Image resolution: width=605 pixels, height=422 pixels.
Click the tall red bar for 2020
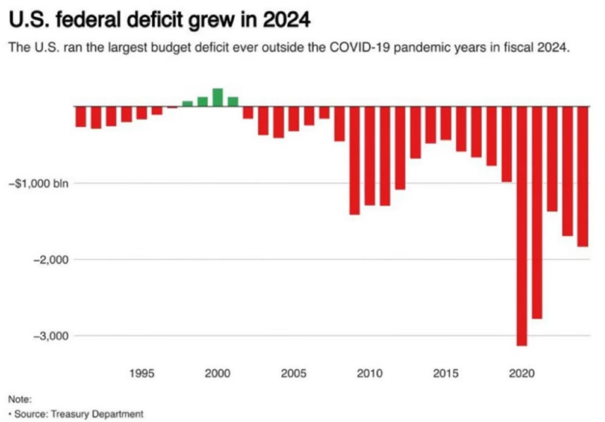pos(522,225)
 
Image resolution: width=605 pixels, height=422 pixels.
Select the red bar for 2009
pos(355,160)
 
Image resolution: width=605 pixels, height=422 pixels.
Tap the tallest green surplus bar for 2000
pos(218,97)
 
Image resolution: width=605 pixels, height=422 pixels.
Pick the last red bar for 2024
pos(583,176)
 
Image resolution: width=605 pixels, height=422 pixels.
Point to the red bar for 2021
pos(537,212)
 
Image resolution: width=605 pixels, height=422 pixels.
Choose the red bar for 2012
pos(400,147)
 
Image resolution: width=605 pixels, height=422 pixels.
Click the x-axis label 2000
pos(218,374)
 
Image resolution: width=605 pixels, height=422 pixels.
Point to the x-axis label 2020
pos(522,374)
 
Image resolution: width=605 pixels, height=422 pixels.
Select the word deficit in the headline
pos(155,22)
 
